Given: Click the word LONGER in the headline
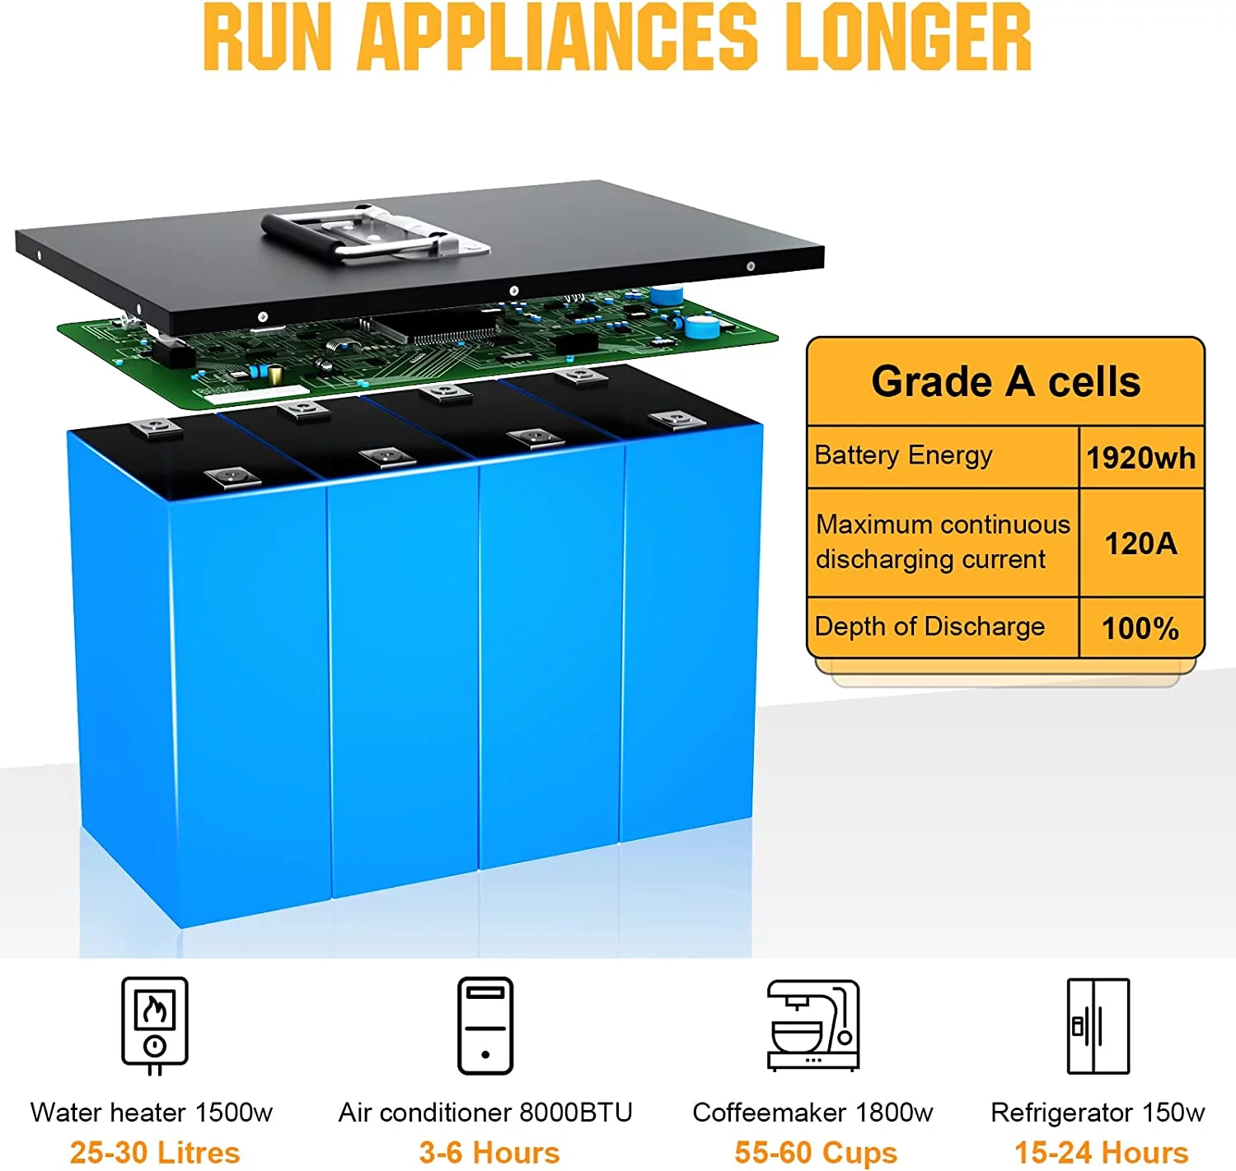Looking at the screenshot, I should pyautogui.click(x=907, y=37).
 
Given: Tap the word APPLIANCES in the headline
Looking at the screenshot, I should pyautogui.click(x=558, y=37).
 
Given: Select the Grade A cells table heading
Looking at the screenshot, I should pyautogui.click(x=1005, y=382).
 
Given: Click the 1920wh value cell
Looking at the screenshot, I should pyautogui.click(x=1140, y=458).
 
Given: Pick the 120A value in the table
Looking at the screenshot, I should pyautogui.click(x=1140, y=544).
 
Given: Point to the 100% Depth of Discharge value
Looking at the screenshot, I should pyautogui.click(x=1140, y=628).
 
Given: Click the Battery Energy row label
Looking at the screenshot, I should pyautogui.click(x=903, y=455).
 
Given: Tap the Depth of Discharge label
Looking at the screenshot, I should pyautogui.click(x=929, y=627).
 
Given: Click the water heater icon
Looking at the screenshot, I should pyautogui.click(x=155, y=1025).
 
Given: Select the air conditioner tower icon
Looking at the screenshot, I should pyautogui.click(x=485, y=1025).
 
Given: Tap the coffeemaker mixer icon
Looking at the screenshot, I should pyautogui.click(x=813, y=1025).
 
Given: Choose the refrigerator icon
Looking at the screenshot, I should pyautogui.click(x=1098, y=1026).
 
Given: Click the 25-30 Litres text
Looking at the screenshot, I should pyautogui.click(x=155, y=1152).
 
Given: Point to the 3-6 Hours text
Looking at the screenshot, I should pyautogui.click(x=489, y=1152).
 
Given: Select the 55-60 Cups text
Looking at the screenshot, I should pyautogui.click(x=816, y=1152).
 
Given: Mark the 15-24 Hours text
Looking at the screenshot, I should pyautogui.click(x=1101, y=1152).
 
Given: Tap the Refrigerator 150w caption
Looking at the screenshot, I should pyautogui.click(x=1098, y=1113).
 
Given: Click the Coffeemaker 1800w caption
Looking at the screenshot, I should pyautogui.click(x=812, y=1113).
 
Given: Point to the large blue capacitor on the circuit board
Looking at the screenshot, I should pyautogui.click(x=702, y=326).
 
